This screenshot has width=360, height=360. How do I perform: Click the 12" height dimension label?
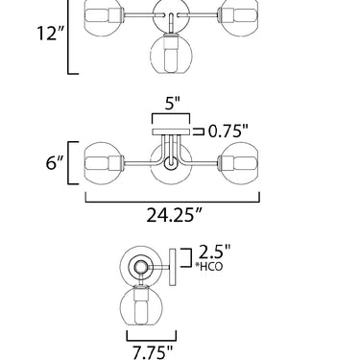(x=51, y=33)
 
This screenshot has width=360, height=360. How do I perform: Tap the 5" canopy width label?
(x=173, y=104)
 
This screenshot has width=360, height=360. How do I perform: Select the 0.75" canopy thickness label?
(x=228, y=131)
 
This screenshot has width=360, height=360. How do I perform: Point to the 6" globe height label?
(x=55, y=162)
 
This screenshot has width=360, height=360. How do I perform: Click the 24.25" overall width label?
(x=175, y=215)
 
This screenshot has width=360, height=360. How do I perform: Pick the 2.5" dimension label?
(x=214, y=252)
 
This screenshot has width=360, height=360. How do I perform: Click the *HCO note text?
(x=209, y=266)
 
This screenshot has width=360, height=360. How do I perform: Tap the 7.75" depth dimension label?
(x=153, y=352)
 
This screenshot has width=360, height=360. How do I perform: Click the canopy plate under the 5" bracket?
(x=171, y=132)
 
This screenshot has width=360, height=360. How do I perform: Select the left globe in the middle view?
(x=104, y=163)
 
